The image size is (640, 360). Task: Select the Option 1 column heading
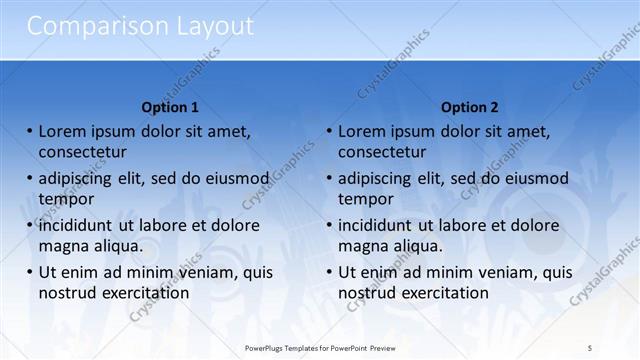click(170, 107)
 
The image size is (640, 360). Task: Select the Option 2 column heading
click(469, 107)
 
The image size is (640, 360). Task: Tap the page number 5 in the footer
click(590, 347)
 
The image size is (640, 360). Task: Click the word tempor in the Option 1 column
click(65, 199)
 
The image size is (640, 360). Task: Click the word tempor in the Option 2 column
click(365, 199)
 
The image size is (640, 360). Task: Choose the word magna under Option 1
click(62, 246)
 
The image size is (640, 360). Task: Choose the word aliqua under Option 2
click(418, 246)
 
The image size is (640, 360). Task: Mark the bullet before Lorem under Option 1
click(29, 131)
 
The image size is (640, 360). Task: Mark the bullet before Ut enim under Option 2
click(329, 272)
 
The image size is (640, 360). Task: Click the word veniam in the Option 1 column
click(213, 272)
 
